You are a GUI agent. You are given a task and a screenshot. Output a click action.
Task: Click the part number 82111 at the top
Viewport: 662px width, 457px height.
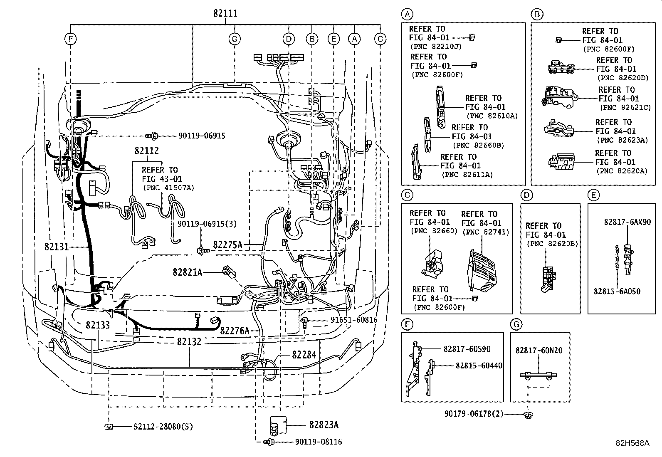click(225, 13)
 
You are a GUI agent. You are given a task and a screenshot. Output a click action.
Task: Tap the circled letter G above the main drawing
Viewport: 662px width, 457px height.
click(235, 39)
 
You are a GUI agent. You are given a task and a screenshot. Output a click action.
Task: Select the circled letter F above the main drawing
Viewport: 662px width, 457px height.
click(70, 39)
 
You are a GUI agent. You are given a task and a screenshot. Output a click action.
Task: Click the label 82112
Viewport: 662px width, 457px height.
click(147, 151)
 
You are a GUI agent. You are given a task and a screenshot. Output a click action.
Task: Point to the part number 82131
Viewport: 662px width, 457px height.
click(57, 247)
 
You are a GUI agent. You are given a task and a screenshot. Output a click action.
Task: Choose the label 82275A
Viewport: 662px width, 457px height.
click(227, 245)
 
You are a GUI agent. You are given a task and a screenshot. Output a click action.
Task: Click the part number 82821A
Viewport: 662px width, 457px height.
click(188, 272)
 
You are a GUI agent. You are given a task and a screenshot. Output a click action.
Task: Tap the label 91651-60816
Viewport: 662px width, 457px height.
click(354, 319)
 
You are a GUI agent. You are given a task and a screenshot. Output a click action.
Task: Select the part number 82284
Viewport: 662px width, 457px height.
click(304, 354)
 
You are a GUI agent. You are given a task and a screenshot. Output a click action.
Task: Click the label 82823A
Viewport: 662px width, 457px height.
click(324, 425)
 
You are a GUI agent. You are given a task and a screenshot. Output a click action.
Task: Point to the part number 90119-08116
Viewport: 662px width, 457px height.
click(319, 442)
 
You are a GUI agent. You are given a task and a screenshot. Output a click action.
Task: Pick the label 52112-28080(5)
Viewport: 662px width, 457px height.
click(163, 427)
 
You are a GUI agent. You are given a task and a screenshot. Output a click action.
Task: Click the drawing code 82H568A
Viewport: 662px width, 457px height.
click(632, 443)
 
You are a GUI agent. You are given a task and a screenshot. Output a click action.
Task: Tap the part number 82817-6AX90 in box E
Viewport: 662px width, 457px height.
click(627, 222)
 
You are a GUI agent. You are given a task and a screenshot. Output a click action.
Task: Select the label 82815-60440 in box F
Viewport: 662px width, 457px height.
click(479, 366)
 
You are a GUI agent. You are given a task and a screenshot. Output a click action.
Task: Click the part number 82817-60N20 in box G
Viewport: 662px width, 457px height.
click(539, 350)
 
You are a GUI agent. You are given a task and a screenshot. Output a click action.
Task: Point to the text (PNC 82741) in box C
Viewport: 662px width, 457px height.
click(486, 232)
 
